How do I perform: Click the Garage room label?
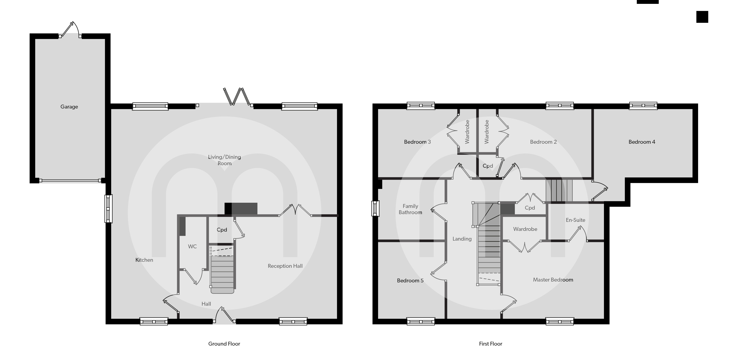(69, 107)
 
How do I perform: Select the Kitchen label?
(144, 260)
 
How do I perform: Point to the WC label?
(192, 246)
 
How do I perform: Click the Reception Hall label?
(285, 266)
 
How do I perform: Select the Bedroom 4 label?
(642, 142)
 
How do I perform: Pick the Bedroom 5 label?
(410, 281)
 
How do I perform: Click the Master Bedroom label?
(553, 280)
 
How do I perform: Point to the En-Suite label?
(575, 220)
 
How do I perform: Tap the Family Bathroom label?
(410, 209)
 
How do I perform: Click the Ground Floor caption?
(224, 344)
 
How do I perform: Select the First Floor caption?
(491, 344)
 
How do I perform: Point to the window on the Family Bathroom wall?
(375, 208)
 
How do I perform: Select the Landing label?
(462, 239)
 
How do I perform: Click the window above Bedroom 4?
(643, 106)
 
